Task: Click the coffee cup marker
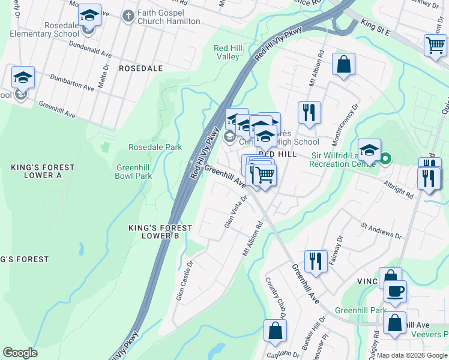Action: (x=395, y=292)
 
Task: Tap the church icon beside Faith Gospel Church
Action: (x=127, y=16)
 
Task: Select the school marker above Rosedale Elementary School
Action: (x=90, y=15)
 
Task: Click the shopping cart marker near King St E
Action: (x=435, y=45)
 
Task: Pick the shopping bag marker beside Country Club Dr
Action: (x=275, y=330)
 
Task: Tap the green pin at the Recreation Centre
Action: (x=385, y=159)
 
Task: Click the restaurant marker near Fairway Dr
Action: (x=315, y=261)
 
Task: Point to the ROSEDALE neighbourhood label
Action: (x=140, y=68)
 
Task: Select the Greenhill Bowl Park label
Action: (x=133, y=172)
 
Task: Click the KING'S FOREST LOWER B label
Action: (x=160, y=232)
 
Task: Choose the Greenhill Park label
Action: (x=361, y=310)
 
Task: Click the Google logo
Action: (x=20, y=352)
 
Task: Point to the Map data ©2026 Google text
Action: (x=411, y=355)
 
